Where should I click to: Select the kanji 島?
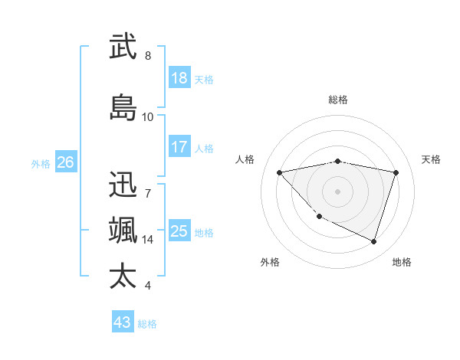pyautogui.click(x=123, y=107)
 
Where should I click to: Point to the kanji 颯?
pyautogui.click(x=123, y=230)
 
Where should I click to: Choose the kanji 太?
pyautogui.click(x=123, y=276)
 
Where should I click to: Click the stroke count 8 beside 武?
pyautogui.click(x=148, y=56)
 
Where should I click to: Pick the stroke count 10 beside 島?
pyautogui.click(x=148, y=117)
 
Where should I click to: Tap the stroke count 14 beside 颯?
pyautogui.click(x=148, y=240)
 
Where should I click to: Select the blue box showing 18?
pyautogui.click(x=179, y=78)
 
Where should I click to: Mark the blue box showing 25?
pyautogui.click(x=179, y=231)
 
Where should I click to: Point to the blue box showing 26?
pyautogui.click(x=66, y=162)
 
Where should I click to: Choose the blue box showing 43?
pyautogui.click(x=123, y=322)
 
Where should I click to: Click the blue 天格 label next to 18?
pyautogui.click(x=204, y=79)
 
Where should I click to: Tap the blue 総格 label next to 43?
pyautogui.click(x=148, y=324)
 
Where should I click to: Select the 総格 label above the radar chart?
pyautogui.click(x=338, y=100)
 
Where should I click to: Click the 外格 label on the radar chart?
pyautogui.click(x=270, y=262)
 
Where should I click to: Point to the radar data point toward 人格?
pyautogui.click(x=280, y=172)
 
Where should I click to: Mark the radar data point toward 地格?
pyautogui.click(x=373, y=241)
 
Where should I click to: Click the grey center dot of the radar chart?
pyautogui.click(x=338, y=191)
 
